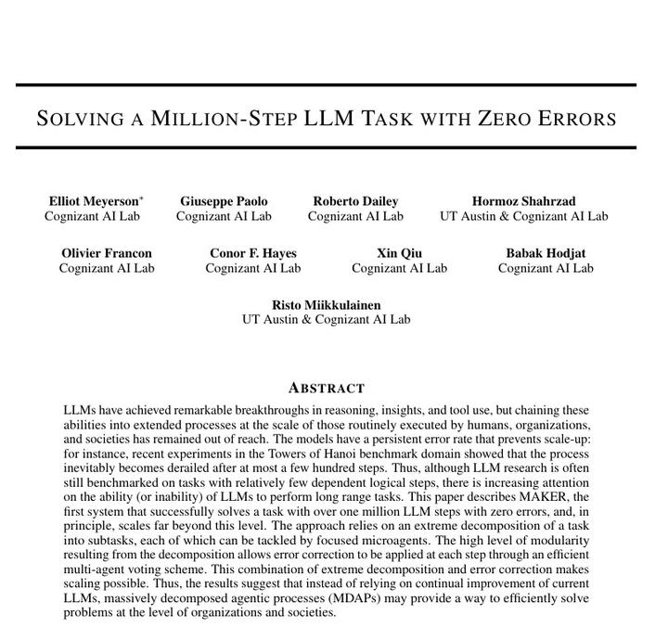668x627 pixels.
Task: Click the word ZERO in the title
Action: coord(507,119)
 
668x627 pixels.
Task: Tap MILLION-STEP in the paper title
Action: coord(224,119)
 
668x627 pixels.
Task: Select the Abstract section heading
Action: coord(327,388)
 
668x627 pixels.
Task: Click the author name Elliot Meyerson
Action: coord(93,201)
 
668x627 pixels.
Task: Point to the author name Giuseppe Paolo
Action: coord(224,201)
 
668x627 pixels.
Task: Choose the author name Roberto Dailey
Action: coord(355,201)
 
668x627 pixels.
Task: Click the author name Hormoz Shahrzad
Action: coord(523,201)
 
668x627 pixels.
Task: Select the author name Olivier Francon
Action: coord(107,253)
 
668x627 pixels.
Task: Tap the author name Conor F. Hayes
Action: coord(253,253)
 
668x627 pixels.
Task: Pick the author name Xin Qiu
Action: coord(399,253)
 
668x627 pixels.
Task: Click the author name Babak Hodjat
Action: coord(546,253)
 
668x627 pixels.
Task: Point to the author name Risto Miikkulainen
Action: coord(326,305)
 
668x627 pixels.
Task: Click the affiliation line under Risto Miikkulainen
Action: coord(326,320)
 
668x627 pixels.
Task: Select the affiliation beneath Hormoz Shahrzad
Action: coord(523,216)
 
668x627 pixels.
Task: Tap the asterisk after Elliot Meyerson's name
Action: coord(142,198)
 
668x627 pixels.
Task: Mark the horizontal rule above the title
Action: coord(326,85)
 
